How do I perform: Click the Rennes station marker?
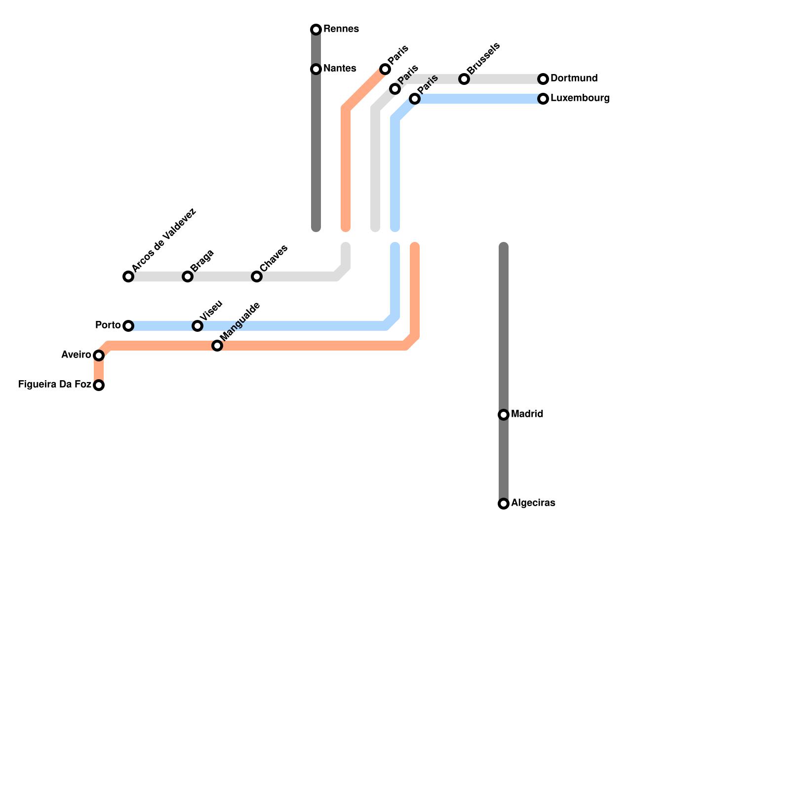tap(316, 30)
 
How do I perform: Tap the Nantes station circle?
tap(316, 69)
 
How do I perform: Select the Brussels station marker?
tap(464, 79)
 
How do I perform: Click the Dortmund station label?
tap(574, 79)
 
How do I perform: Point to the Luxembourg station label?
tap(580, 98)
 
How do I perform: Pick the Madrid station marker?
tap(504, 415)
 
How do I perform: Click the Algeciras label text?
tap(533, 503)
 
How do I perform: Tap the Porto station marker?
tap(128, 326)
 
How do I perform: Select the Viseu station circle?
tap(197, 326)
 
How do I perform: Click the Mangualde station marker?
tap(217, 346)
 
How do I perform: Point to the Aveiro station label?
tap(77, 355)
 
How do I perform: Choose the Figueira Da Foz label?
tap(55, 385)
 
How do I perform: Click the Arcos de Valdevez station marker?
tap(128, 276)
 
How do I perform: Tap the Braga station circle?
tap(188, 276)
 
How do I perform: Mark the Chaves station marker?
tap(257, 276)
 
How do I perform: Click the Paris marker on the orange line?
tap(385, 69)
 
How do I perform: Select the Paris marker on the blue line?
tap(415, 99)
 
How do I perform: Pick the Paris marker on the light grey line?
tap(395, 89)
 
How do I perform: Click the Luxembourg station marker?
tap(543, 99)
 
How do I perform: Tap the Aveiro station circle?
tap(99, 355)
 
